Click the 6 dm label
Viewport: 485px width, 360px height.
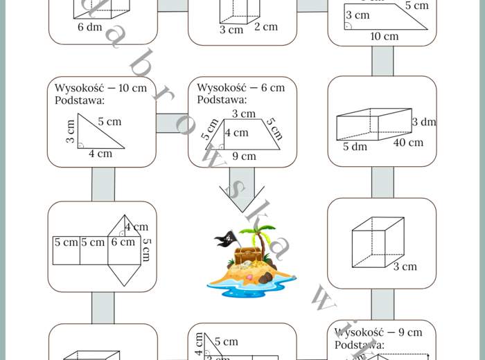(x=89, y=27)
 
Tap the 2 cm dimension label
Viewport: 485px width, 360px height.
(x=265, y=26)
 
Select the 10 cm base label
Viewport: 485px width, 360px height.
(x=384, y=36)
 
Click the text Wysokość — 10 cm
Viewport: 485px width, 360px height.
(x=100, y=88)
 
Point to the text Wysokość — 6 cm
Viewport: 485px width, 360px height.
(x=240, y=88)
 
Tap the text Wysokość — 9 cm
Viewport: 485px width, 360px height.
(x=378, y=332)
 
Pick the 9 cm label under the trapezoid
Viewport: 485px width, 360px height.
(x=244, y=156)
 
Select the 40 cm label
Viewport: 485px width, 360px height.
(x=408, y=143)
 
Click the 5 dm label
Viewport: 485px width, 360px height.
(x=355, y=147)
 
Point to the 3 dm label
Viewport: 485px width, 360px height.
(x=423, y=122)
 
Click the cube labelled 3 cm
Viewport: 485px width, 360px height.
(x=378, y=242)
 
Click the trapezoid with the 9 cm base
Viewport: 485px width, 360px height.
(x=246, y=134)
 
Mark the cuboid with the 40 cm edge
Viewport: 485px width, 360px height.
(x=374, y=124)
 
